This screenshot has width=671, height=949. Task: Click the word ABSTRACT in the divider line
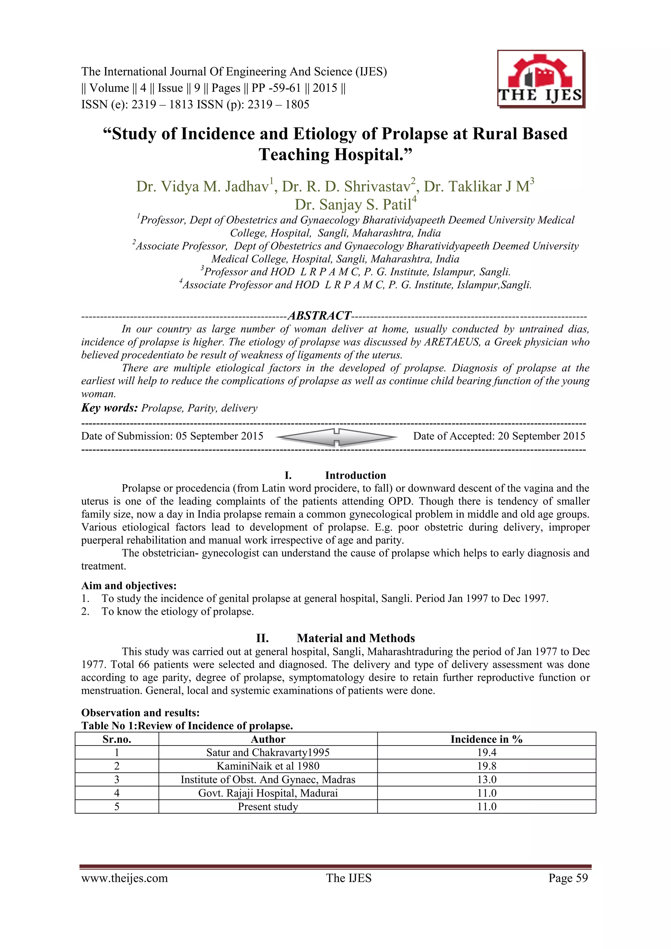(x=319, y=316)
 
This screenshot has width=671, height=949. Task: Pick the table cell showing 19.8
(x=486, y=766)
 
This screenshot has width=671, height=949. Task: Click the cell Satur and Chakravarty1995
(x=268, y=752)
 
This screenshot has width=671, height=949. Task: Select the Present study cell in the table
(x=268, y=806)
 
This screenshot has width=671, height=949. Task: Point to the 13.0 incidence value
(x=486, y=780)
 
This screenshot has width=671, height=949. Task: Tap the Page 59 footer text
(x=568, y=878)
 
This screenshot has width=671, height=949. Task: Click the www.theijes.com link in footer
(x=125, y=878)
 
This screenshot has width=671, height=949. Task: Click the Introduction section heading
(x=355, y=475)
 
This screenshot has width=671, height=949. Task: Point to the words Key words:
(x=109, y=408)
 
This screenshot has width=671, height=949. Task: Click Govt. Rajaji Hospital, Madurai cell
(x=268, y=793)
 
